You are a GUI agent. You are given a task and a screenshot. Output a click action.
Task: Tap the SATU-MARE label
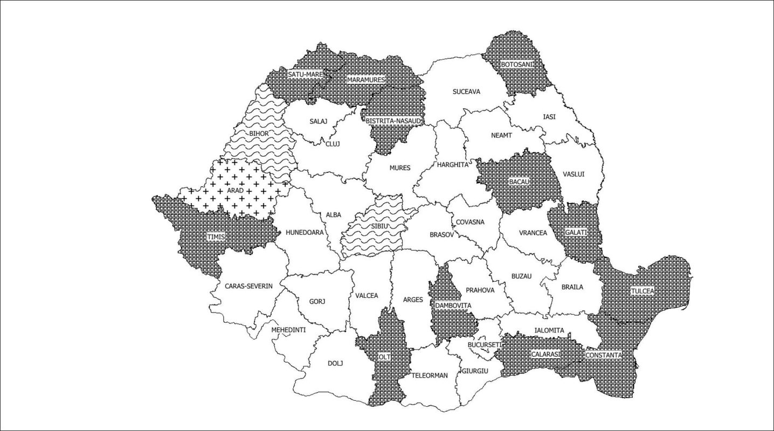(x=305, y=74)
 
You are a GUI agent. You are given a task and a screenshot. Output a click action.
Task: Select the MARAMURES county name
(x=366, y=80)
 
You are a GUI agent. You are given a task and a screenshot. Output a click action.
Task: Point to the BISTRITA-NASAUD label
(x=393, y=121)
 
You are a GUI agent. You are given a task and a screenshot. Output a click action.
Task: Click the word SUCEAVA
(x=466, y=92)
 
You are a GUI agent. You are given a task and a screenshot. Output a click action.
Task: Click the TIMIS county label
(x=216, y=236)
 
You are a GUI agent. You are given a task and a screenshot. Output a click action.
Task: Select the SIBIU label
(x=379, y=226)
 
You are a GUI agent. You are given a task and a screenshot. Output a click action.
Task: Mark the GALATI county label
(x=575, y=232)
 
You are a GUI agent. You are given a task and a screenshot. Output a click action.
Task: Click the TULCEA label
(x=642, y=291)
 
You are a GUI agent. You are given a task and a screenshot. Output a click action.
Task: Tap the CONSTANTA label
(x=604, y=356)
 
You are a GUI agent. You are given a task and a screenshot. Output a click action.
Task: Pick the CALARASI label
(x=545, y=354)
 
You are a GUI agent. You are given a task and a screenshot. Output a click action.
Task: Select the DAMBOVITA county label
(x=453, y=305)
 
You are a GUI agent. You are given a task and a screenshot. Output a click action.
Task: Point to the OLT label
(x=383, y=357)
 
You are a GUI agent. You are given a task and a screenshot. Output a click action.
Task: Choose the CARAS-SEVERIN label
(x=249, y=286)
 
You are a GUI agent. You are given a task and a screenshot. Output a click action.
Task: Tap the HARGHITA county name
(x=453, y=165)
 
